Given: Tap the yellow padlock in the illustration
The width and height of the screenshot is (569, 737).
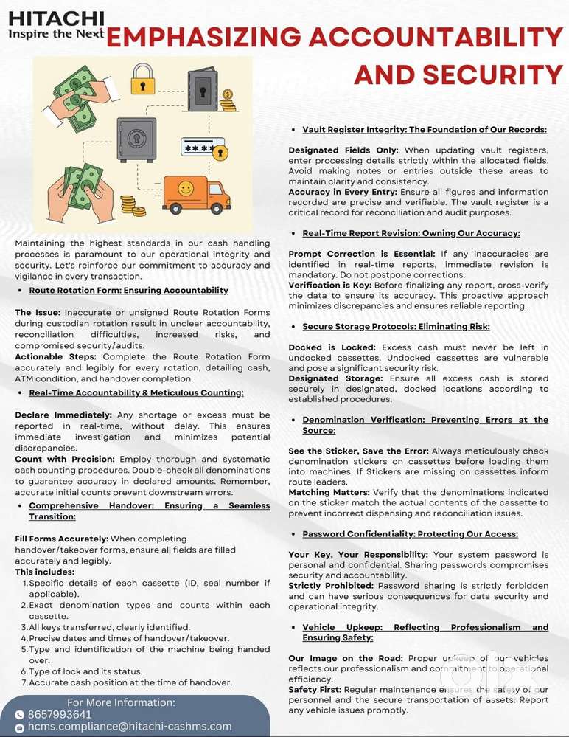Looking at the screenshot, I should [143, 77].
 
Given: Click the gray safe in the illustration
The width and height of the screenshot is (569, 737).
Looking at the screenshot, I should [136, 139].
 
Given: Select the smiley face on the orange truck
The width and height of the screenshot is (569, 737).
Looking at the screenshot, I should [185, 190].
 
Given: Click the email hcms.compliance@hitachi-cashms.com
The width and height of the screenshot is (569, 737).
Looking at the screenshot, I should [129, 727].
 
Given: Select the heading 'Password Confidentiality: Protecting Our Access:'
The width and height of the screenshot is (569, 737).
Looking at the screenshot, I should [410, 533].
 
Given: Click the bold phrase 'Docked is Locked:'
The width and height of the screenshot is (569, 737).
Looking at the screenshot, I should [331, 347].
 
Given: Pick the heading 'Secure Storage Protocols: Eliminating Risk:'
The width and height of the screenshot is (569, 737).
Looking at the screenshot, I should [396, 326].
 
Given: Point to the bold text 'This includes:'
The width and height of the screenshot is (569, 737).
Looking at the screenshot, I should [44, 572].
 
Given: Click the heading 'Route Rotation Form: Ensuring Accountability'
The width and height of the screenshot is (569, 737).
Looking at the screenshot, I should [128, 290].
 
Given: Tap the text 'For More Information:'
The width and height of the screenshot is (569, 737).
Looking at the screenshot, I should [121, 702].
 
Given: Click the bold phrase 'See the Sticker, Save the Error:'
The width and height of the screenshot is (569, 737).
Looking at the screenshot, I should [358, 451].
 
